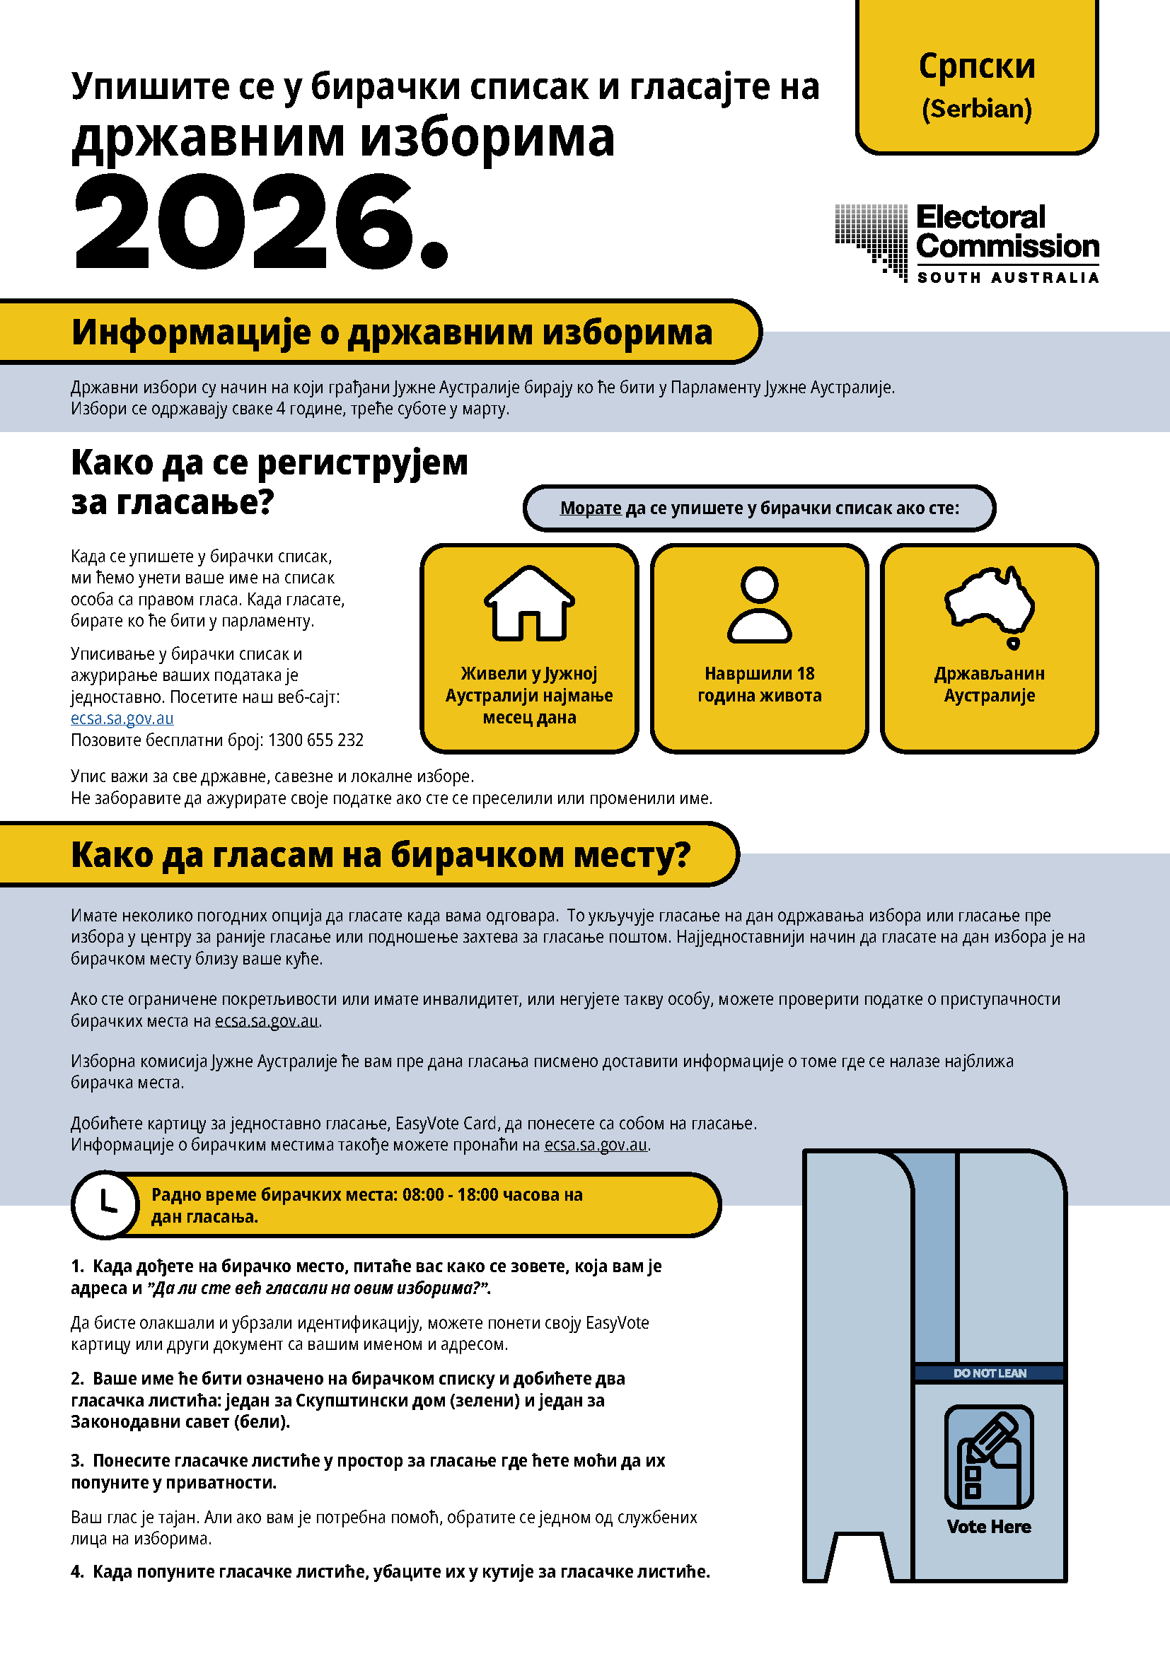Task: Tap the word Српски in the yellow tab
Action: coord(976,66)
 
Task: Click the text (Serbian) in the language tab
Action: coord(976,109)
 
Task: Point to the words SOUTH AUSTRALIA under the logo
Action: coord(1007,277)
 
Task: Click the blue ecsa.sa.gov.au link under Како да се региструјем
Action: coord(122,718)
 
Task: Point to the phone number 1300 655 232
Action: coord(315,740)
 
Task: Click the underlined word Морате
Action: coord(590,508)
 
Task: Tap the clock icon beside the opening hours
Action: coord(106,1204)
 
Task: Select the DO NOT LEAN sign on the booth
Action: coord(989,1373)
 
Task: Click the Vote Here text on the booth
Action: coord(988,1527)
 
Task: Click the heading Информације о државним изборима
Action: coord(391,332)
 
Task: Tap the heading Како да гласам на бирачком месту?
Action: coord(381,855)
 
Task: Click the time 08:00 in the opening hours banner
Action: coord(423,1194)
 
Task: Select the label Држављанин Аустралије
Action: coord(989,685)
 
